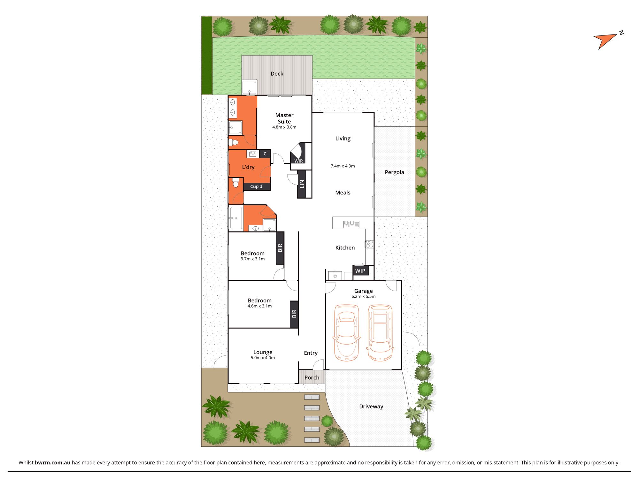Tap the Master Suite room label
click(x=284, y=118)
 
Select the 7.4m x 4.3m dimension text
click(x=343, y=166)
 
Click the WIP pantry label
click(x=360, y=271)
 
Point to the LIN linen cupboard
click(x=302, y=184)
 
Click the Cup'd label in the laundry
click(x=256, y=186)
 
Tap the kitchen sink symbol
click(x=351, y=224)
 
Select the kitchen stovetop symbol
click(x=369, y=244)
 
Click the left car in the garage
click(x=346, y=333)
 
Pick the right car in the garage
click(x=380, y=333)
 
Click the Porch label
click(x=312, y=377)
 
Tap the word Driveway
click(x=371, y=407)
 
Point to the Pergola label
click(x=394, y=172)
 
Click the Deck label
click(x=277, y=74)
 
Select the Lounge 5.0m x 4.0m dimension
click(x=263, y=358)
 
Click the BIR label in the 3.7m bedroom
click(x=280, y=248)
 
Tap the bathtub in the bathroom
click(x=236, y=218)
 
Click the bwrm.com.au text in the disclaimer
click(x=52, y=462)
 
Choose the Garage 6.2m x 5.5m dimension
click(x=363, y=296)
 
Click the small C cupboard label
click(x=265, y=154)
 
